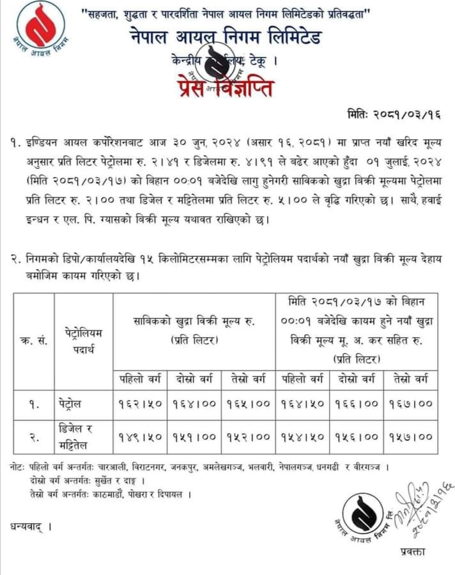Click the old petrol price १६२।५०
pos(140,404)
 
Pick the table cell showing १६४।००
pos(194,404)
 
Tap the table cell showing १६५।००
pos(249,404)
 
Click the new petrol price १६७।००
pos(411,404)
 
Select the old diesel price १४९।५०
pos(140,437)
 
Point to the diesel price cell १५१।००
pos(194,437)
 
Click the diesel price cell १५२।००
pos(249,437)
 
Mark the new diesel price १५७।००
pos(411,437)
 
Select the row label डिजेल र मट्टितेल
pos(82,437)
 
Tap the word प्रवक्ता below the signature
pos(410,551)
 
